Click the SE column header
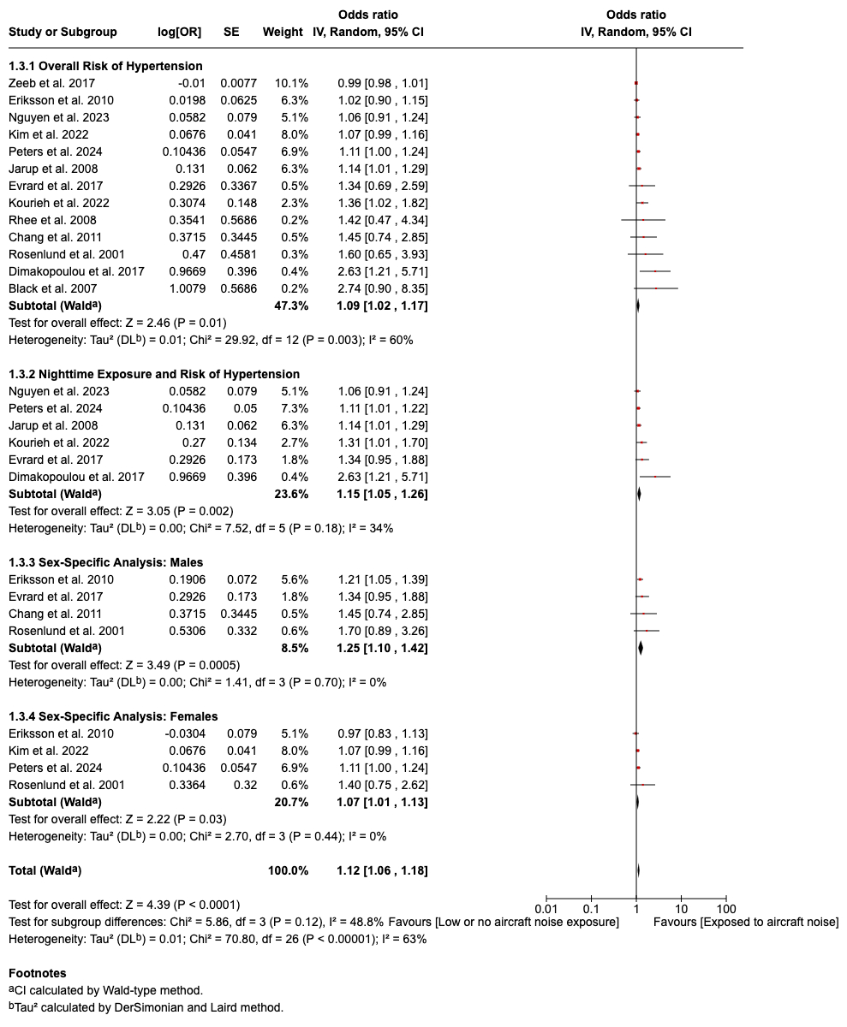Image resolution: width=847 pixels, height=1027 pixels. [231, 32]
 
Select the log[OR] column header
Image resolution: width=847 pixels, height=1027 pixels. [180, 32]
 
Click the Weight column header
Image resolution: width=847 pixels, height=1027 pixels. [283, 32]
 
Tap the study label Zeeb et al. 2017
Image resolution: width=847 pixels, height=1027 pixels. [51, 83]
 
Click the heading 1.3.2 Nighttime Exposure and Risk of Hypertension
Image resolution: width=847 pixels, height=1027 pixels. [154, 374]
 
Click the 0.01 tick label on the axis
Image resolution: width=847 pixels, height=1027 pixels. [546, 908]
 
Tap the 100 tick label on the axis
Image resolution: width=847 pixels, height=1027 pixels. [726, 908]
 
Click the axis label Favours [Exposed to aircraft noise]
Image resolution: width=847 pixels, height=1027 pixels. [745, 922]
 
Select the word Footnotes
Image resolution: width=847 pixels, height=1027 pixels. [37, 973]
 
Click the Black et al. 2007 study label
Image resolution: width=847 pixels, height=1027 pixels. [52, 288]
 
